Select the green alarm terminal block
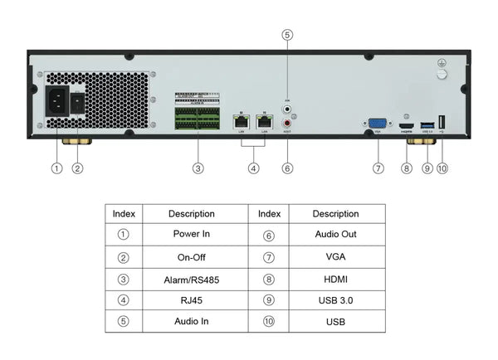point(198,118)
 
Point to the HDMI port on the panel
point(406,126)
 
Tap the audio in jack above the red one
point(287,107)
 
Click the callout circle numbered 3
point(198,168)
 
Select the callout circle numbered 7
point(378,168)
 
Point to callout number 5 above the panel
point(287,35)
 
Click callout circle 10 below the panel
point(442,168)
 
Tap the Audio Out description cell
point(336,235)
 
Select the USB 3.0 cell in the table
point(336,300)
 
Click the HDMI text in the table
point(336,280)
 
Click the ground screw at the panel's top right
point(441,73)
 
